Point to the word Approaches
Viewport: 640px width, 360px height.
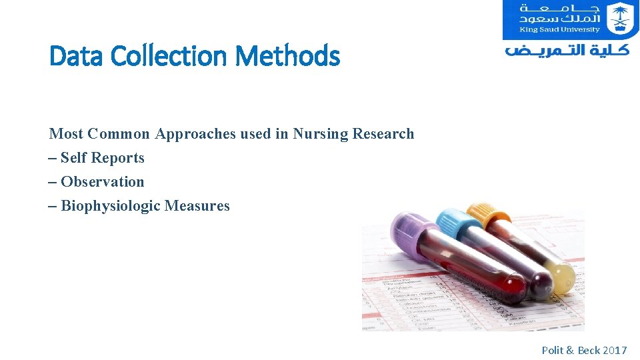(x=196, y=134)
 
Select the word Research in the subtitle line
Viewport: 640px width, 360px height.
(x=383, y=134)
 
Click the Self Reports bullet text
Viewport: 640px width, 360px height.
(x=102, y=158)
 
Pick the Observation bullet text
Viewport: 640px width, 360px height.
(x=102, y=182)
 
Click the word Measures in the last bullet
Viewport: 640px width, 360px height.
(x=197, y=206)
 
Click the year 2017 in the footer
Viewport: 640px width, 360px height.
(x=615, y=350)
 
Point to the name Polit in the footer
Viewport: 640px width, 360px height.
(x=553, y=350)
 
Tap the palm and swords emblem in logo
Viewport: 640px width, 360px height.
(x=621, y=19)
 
